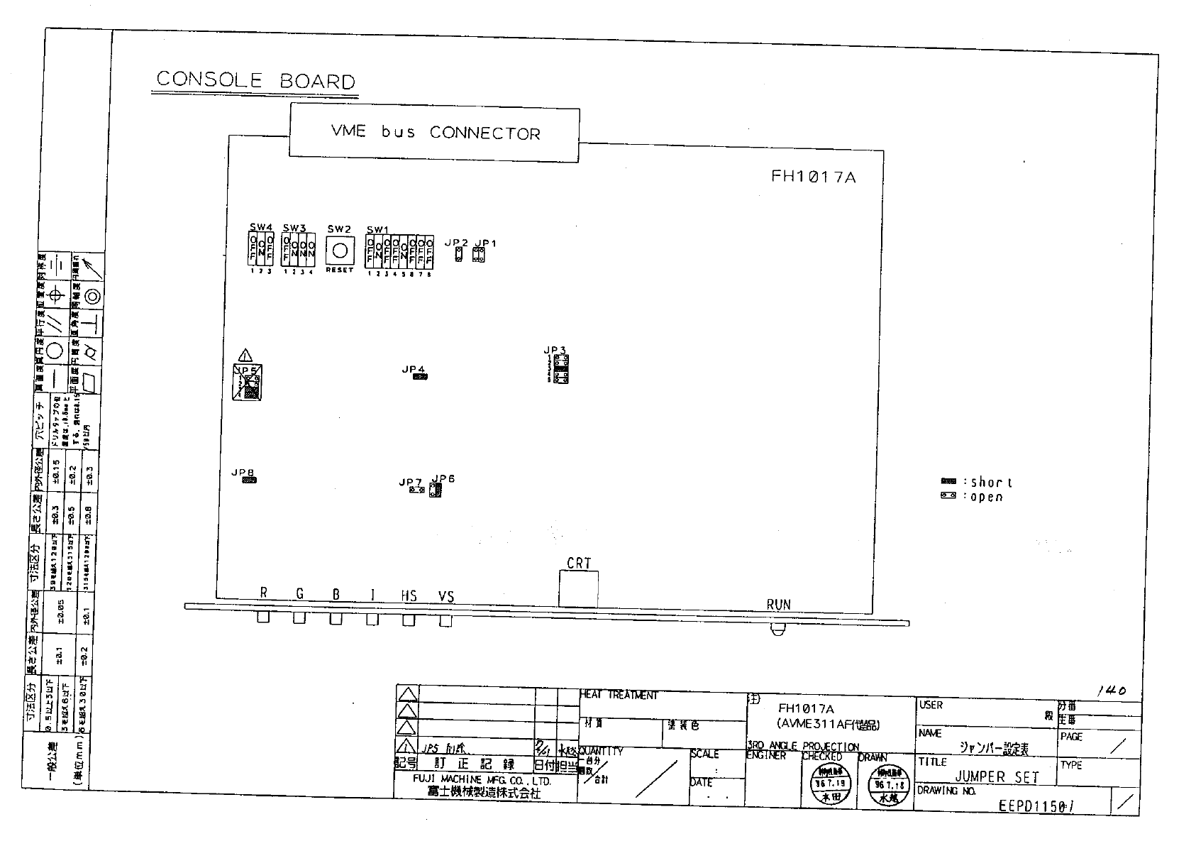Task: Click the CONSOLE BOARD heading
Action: (255, 80)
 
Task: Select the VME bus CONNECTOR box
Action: (434, 133)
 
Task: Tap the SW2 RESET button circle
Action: (340, 251)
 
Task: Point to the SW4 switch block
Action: (260, 251)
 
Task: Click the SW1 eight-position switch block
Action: (399, 252)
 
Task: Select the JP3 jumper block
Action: (560, 369)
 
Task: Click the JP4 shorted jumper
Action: (420, 377)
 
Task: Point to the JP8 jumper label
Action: (243, 472)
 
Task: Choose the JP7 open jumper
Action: (416, 490)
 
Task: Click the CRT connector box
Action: (578, 589)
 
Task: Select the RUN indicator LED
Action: (778, 630)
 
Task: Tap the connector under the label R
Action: (263, 618)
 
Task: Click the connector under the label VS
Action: (445, 620)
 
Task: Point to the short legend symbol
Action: (948, 482)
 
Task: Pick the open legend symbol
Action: (948, 495)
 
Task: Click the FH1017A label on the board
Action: (813, 177)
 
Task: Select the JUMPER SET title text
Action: (996, 777)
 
